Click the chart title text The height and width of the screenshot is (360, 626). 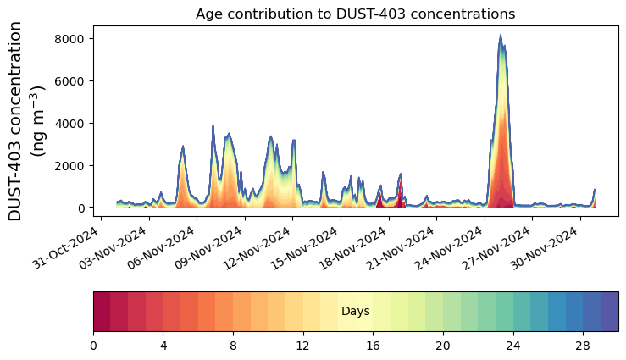click(x=355, y=14)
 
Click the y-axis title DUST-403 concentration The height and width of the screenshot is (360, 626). click(x=27, y=121)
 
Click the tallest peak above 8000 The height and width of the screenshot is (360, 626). click(x=501, y=36)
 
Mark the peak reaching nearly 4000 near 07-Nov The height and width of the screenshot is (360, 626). click(x=213, y=125)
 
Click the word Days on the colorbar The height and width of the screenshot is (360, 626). click(x=355, y=312)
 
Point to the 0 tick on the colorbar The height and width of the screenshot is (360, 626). click(x=93, y=346)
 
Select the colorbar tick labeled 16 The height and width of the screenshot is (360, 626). click(x=373, y=346)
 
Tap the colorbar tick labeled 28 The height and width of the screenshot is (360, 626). click(x=583, y=346)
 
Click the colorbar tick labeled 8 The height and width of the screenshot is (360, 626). click(x=233, y=346)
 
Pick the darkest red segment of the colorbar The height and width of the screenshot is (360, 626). click(x=102, y=312)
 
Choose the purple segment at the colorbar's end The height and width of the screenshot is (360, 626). click(x=609, y=312)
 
